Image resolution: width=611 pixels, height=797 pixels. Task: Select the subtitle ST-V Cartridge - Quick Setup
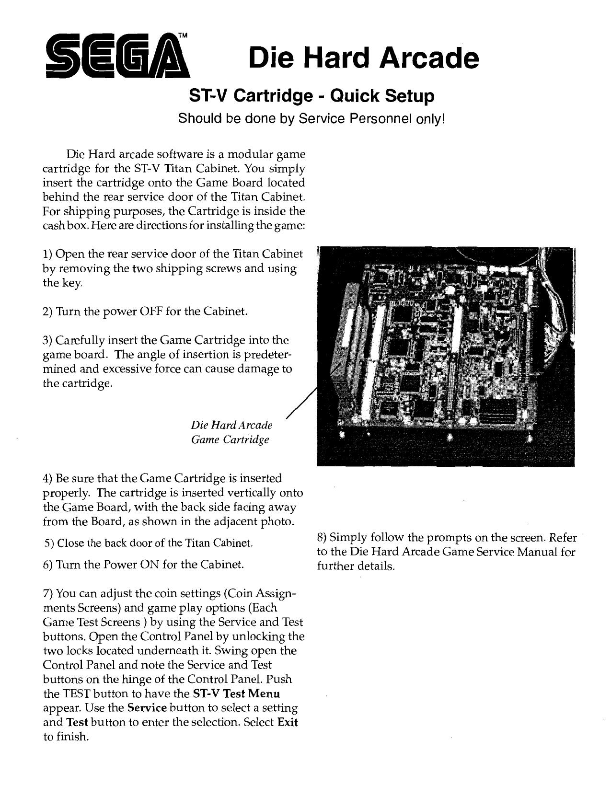[311, 96]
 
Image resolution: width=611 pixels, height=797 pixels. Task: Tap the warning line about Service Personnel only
[311, 118]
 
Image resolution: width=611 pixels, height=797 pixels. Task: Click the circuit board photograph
[446, 356]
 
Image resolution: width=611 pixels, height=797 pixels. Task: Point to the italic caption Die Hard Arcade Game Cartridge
[231, 432]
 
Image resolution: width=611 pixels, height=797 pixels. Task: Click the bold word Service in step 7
[147, 708]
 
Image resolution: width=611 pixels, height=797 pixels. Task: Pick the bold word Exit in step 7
[288, 722]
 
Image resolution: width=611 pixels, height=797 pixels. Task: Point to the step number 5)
[49, 543]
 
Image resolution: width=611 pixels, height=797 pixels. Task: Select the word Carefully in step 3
[82, 340]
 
